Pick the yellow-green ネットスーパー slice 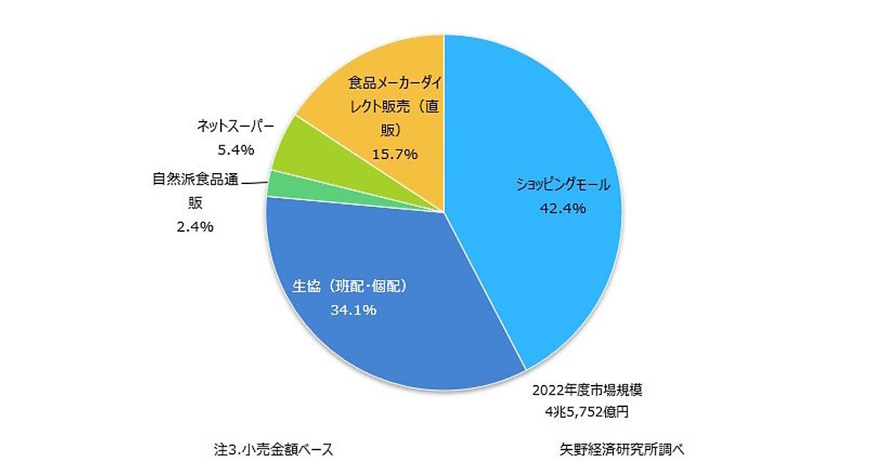pyautogui.click(x=294, y=147)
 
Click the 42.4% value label pyautogui.click(x=562, y=208)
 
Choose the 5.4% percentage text pyautogui.click(x=236, y=150)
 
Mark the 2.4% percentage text pyautogui.click(x=195, y=227)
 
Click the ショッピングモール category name pyautogui.click(x=562, y=186)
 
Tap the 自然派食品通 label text pyautogui.click(x=195, y=179)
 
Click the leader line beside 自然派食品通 pyautogui.click(x=254, y=181)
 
